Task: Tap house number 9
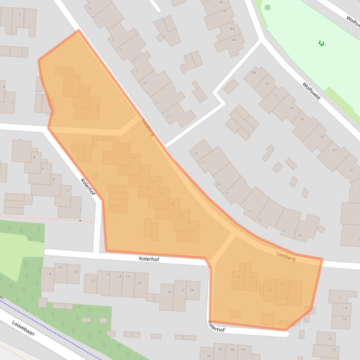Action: coord(89,8)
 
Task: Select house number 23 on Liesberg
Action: coord(168,116)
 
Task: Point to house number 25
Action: coord(196,153)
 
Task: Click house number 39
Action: coord(299,235)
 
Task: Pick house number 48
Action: coord(254,73)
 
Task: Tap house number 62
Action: coord(352,170)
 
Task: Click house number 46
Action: coord(234,40)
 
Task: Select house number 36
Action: coord(208,356)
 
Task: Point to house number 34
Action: coord(191,290)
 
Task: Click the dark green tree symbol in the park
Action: coord(321,43)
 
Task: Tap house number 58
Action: coord(321,137)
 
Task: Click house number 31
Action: coord(227,193)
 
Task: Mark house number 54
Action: coord(291,108)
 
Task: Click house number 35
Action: coord(260,220)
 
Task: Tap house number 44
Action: coord(232,29)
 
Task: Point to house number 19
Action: coord(144,83)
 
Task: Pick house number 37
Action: coord(284,231)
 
